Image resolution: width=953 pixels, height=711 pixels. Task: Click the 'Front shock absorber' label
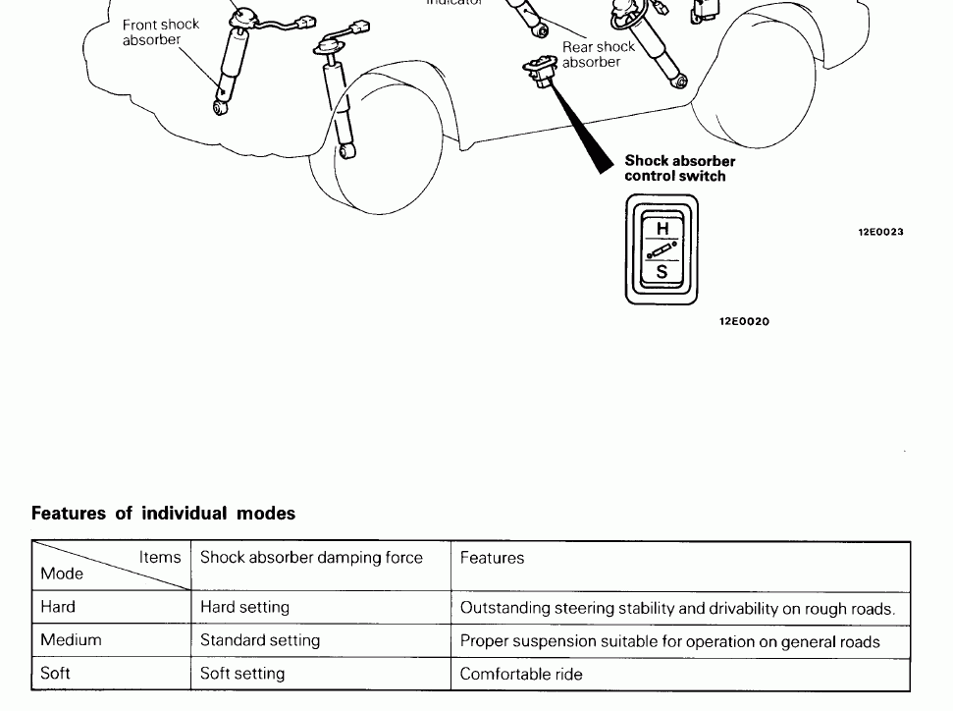pos(160,32)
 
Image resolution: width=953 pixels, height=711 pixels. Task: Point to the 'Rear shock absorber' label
pos(598,54)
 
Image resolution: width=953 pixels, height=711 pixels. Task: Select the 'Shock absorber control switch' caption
pos(679,168)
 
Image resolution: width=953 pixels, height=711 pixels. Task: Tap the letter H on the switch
pos(662,228)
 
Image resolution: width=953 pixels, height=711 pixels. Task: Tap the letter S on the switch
pos(662,272)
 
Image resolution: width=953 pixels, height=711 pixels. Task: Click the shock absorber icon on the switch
pos(662,249)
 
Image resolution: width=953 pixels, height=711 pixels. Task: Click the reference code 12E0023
pos(880,233)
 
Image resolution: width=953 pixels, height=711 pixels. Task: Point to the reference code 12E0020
pos(744,321)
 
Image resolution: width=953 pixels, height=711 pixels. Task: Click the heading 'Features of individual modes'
pos(163,514)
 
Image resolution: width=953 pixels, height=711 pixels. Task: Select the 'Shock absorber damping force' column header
pos(311,558)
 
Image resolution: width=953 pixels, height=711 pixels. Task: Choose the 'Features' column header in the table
pos(492,558)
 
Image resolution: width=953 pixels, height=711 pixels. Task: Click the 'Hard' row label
pos(58,607)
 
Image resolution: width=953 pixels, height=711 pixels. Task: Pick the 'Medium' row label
pos(71,640)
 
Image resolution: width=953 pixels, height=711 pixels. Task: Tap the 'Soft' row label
pos(55,674)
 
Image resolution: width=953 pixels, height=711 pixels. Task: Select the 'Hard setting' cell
pos(244,608)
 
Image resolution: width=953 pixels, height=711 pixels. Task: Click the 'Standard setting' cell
pos(260,640)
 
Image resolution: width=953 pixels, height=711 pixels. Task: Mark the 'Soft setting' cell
pos(242,674)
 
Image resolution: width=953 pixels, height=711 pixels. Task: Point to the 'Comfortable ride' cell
pos(521,674)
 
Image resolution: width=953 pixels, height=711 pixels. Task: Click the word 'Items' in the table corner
pos(160,557)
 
